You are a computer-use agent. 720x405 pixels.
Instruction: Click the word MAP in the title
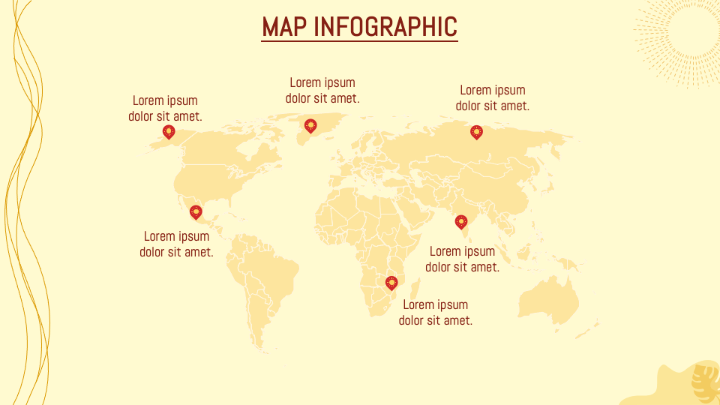283,26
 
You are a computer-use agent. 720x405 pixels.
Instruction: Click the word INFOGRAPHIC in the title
385,26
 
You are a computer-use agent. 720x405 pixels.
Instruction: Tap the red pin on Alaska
169,132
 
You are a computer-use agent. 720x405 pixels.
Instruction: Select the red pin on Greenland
310,125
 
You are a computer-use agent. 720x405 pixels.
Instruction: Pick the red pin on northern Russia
476,132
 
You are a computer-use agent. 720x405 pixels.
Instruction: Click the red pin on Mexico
196,212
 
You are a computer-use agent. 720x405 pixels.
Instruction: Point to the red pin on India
461,221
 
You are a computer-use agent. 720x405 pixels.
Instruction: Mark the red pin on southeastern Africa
391,283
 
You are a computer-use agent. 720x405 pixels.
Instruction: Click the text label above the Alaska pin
165,108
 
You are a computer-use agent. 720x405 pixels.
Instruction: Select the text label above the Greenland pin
322,90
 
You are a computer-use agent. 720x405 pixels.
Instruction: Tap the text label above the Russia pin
493,97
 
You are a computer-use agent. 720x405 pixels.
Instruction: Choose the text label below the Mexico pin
176,244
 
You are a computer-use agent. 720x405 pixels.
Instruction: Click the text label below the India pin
463,259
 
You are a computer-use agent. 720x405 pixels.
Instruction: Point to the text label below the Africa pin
436,312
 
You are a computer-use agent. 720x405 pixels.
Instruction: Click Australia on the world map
549,300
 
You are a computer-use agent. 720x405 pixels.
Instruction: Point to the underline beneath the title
359,41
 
